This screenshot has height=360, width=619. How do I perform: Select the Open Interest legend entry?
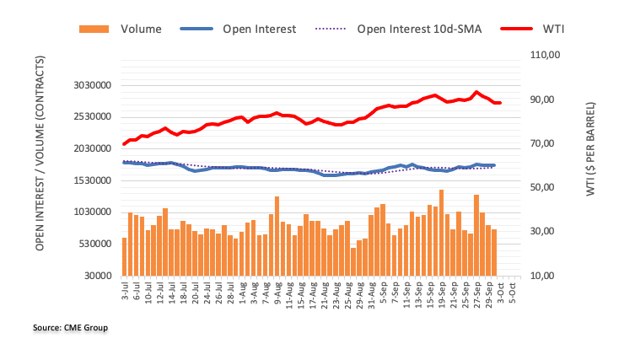click(259, 30)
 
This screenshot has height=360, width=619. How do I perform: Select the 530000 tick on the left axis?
click(95, 244)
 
